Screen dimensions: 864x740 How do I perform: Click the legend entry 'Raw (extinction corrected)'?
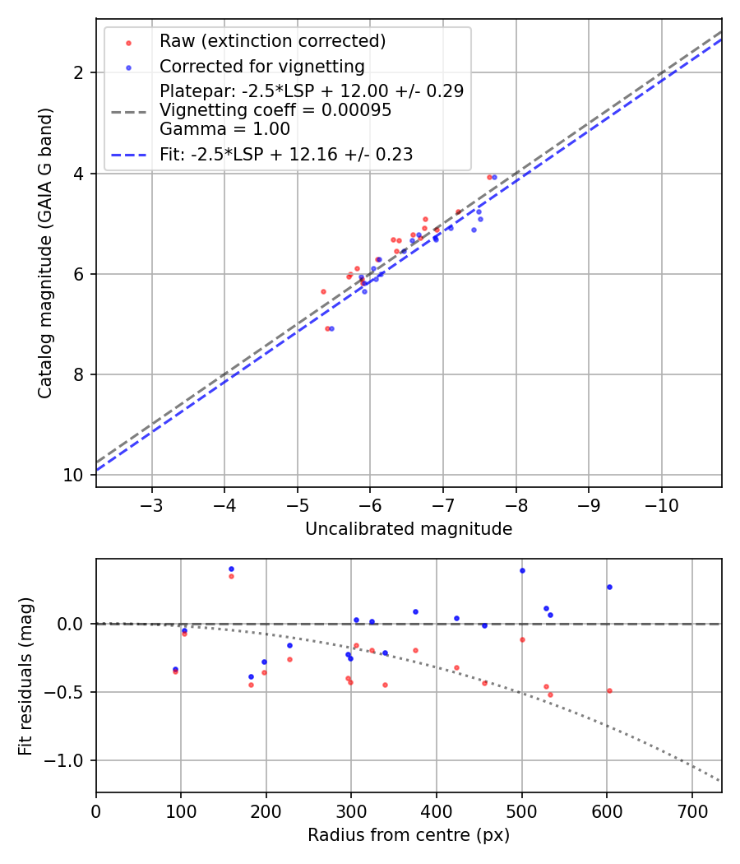point(272,41)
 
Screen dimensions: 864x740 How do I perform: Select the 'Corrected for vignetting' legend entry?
point(261,66)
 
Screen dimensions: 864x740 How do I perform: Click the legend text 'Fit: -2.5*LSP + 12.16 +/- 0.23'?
point(285,154)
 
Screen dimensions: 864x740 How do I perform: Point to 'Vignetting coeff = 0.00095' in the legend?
point(275,110)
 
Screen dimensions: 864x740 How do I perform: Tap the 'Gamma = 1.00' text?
point(224,129)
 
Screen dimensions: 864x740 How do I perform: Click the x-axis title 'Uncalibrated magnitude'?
point(409,529)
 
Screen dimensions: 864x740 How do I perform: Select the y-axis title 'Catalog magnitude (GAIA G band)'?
point(46,253)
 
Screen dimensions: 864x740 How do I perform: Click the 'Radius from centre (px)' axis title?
point(409,835)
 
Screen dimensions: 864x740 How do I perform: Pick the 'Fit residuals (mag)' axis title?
point(26,676)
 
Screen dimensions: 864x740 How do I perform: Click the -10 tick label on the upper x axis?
point(661,505)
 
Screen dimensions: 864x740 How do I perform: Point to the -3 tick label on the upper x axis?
point(151,505)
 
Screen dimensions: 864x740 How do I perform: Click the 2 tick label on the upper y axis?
point(81,73)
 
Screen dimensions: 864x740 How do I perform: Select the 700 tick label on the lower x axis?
point(691,811)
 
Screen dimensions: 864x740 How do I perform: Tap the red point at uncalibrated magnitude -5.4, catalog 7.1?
point(326,328)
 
